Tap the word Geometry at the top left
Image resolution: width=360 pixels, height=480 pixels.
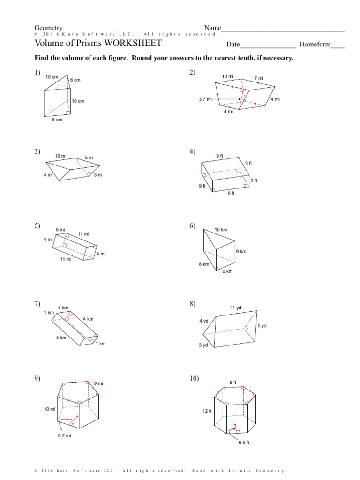[x=48, y=28]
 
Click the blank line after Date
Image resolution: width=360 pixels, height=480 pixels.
[x=268, y=45]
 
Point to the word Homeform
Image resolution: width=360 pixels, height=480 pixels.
[x=315, y=45]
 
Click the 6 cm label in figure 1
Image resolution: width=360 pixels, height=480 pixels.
[x=75, y=80]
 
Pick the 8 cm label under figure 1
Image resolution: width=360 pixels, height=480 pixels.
[x=57, y=120]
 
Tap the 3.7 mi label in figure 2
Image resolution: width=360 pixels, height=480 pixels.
[x=205, y=99]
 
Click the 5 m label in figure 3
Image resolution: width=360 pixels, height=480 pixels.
[x=89, y=157]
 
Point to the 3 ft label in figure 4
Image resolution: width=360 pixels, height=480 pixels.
[x=254, y=180]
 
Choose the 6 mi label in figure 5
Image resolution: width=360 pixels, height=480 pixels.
[x=60, y=229]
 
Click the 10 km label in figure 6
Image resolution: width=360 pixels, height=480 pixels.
[x=221, y=230]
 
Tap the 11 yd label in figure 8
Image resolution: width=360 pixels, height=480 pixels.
[x=235, y=307]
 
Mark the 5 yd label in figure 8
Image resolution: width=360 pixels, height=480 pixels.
[x=262, y=325]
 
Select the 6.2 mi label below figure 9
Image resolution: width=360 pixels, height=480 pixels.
[x=65, y=436]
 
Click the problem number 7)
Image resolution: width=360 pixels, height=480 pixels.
[x=37, y=303]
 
